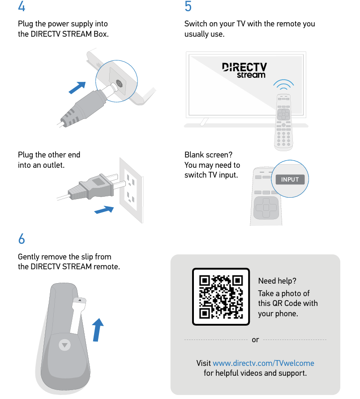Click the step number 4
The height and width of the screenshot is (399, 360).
21,6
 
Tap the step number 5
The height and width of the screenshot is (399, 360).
188,6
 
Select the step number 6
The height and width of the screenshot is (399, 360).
21,239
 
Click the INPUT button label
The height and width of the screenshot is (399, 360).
290,179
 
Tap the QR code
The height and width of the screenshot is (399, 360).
221,297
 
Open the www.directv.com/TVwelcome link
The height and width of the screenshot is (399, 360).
263,363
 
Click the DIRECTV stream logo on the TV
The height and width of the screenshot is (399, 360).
244,70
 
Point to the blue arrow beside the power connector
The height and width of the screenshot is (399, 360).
77,88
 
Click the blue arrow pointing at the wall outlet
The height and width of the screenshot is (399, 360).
104,210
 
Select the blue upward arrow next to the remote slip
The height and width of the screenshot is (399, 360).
97,330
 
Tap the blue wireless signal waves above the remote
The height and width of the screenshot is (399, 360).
283,84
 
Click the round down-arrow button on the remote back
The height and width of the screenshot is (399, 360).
65,345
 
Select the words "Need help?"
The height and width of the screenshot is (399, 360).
277,281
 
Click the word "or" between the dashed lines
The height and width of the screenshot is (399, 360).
255,340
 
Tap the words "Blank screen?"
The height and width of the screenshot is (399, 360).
208,155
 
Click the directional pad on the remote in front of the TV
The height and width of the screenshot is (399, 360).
283,114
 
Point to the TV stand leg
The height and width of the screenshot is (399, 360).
204,122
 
